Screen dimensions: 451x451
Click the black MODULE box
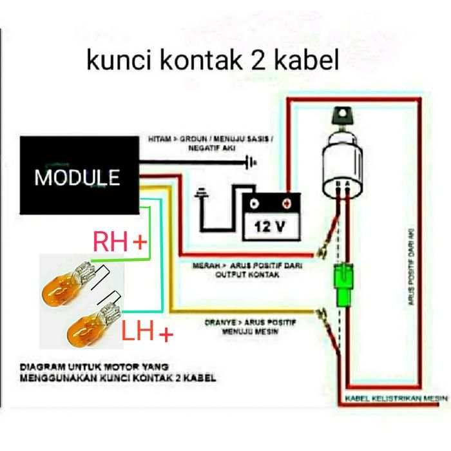coord(77,175)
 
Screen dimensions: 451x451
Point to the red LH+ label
coord(148,333)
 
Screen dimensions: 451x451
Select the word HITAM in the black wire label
coord(159,139)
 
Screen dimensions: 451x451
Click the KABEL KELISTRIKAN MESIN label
coord(396,399)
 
